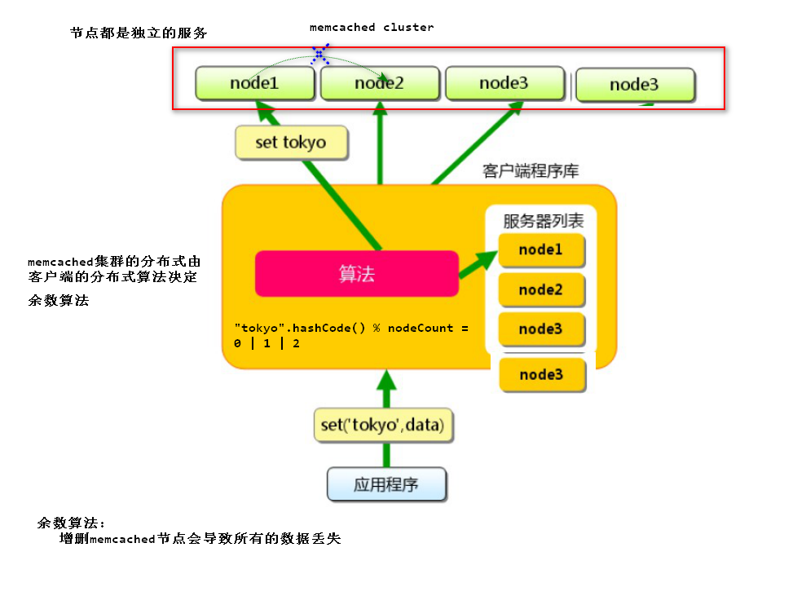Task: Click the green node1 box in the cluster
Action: (254, 83)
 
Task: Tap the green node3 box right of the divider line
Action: (635, 85)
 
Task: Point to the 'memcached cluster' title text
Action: (372, 27)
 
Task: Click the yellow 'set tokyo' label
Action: (291, 142)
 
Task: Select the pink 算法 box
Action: (356, 274)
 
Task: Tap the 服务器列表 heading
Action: (543, 221)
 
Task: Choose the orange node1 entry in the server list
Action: (541, 250)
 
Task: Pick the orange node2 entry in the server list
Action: (541, 289)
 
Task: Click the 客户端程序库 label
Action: (531, 171)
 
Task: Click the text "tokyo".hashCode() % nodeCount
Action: (351, 328)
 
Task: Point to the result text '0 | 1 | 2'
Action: (266, 343)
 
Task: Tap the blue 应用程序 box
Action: (386, 483)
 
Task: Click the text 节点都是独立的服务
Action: (139, 33)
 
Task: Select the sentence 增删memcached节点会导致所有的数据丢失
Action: (200, 539)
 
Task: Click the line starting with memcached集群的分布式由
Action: (113, 262)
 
